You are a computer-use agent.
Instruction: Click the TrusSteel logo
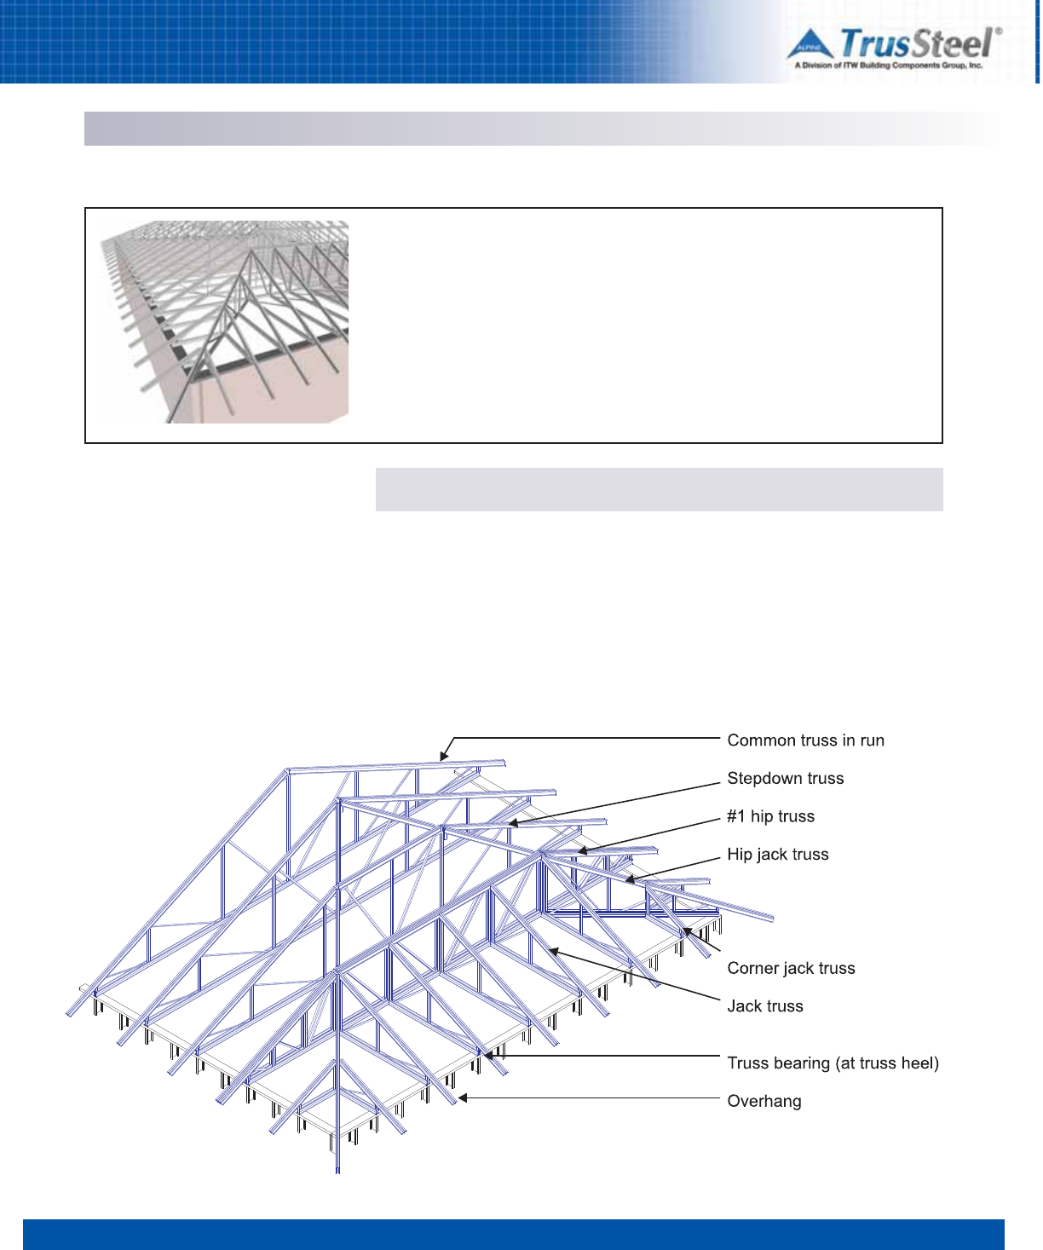click(893, 48)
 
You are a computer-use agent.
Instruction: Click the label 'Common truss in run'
click(805, 740)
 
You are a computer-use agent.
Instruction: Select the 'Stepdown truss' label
click(785, 778)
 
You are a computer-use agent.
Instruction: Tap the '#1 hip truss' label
click(770, 816)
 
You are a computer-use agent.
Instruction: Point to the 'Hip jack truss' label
click(777, 855)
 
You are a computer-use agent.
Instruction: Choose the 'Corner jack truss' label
click(791, 968)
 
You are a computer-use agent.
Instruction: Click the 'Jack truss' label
click(764, 1006)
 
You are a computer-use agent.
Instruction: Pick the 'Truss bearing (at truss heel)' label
click(833, 1063)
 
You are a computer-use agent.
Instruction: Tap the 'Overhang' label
click(764, 1101)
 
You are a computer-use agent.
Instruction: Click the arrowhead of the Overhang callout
click(461, 1098)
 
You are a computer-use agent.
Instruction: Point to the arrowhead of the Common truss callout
click(442, 757)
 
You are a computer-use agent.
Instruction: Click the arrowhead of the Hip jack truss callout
click(629, 879)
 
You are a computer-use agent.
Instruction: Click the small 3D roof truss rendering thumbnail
click(224, 322)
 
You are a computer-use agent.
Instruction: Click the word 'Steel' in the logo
click(953, 43)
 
